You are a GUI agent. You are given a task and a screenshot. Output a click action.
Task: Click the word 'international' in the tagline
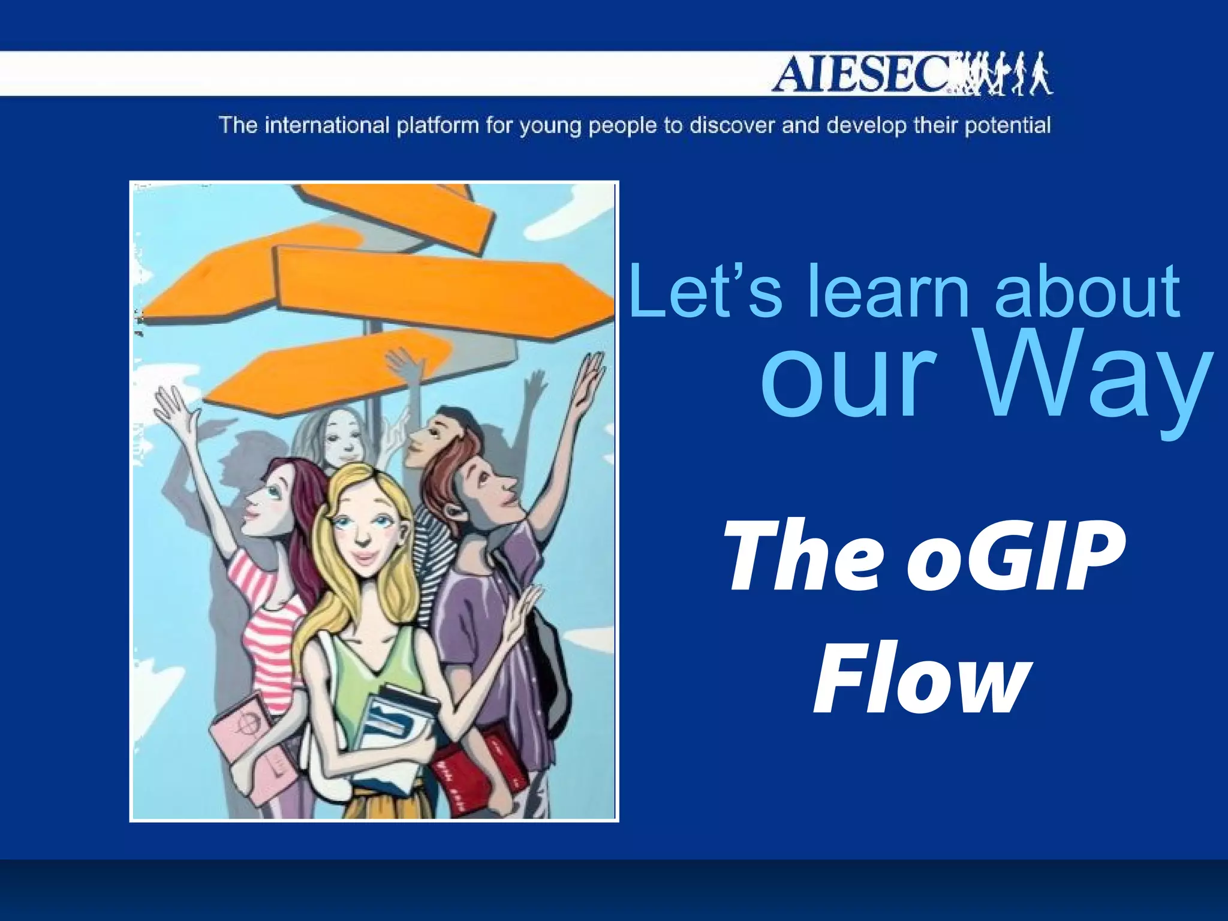coord(327,126)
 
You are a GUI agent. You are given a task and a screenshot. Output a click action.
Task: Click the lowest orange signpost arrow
coord(330,372)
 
